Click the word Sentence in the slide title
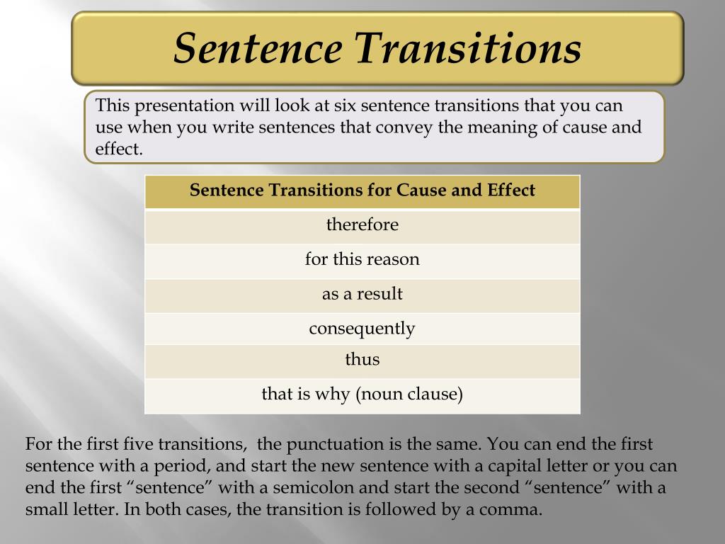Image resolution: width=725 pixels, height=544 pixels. [258, 47]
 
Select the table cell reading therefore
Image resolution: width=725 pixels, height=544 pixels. [362, 225]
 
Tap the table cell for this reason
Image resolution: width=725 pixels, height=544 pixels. [362, 259]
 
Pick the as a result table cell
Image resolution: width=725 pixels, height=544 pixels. [362, 294]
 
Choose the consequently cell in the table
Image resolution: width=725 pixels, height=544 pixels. [362, 328]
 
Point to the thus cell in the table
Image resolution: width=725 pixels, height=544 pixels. [362, 360]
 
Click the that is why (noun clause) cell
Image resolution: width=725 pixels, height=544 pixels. [362, 394]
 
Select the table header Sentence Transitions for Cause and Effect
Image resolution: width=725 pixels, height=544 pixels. [362, 191]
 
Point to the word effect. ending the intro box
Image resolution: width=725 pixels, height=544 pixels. [119, 150]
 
